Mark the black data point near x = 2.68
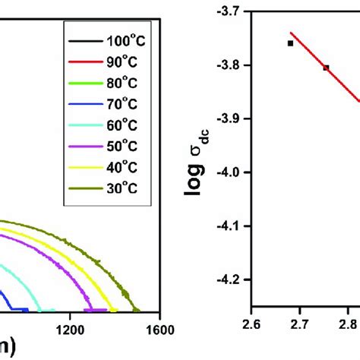pos(290,43)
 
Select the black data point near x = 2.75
pos(326,68)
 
